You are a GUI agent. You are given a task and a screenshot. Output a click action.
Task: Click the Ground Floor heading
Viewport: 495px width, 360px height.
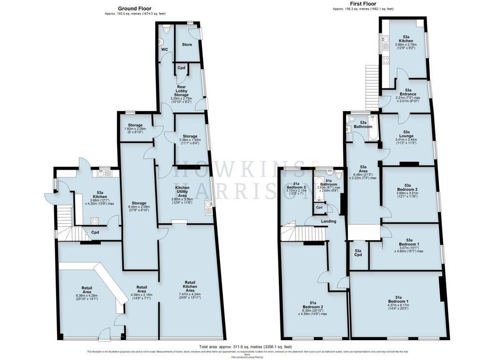135,8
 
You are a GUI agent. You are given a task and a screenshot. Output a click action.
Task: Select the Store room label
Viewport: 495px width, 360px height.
187,44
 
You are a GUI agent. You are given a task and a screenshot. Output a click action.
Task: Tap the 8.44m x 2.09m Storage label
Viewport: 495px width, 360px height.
139,206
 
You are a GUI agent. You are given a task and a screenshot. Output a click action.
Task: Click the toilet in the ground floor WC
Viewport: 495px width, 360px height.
167,29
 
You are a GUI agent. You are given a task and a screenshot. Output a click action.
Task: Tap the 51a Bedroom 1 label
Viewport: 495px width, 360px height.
398,301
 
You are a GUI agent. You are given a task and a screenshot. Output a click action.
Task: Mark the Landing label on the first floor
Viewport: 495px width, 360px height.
328,221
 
